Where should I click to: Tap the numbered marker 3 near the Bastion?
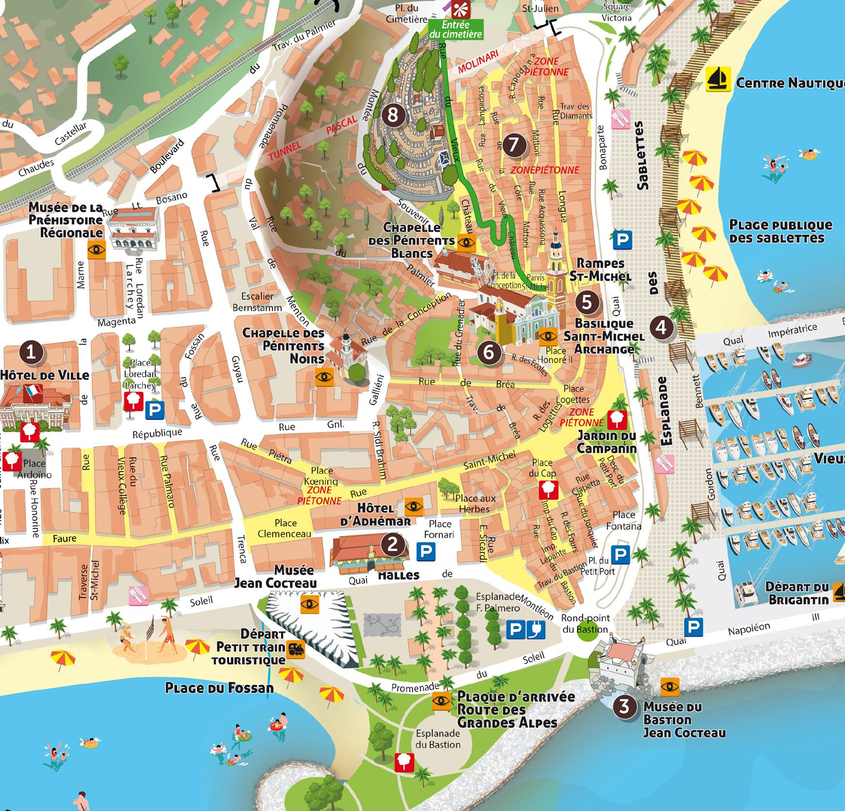click(x=624, y=706)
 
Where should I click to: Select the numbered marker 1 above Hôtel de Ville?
click(x=32, y=352)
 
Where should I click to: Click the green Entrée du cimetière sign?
click(x=456, y=30)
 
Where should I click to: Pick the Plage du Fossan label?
click(x=219, y=688)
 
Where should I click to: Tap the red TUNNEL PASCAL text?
click(x=312, y=137)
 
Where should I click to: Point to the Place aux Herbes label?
click(x=475, y=503)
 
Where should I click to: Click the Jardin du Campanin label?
click(x=606, y=442)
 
